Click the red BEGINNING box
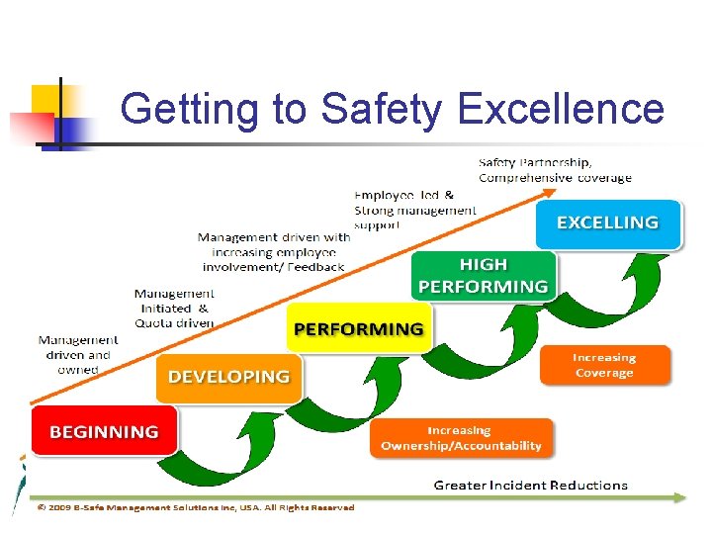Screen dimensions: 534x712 click(104, 431)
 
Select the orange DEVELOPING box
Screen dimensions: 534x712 click(228, 377)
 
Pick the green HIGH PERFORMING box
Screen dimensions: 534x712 click(483, 276)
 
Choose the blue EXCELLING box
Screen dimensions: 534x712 click(607, 223)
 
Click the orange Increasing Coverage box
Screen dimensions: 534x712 click(604, 365)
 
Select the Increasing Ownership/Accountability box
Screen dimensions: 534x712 click(462, 438)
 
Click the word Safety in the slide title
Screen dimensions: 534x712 click(381, 109)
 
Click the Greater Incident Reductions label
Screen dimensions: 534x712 click(530, 486)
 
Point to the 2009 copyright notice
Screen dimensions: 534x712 click(195, 507)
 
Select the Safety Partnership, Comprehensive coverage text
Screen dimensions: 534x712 click(555, 170)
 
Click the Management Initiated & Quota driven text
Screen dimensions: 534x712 click(174, 308)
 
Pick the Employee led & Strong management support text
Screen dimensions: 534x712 click(414, 210)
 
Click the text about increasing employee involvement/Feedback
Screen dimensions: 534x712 click(274, 252)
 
